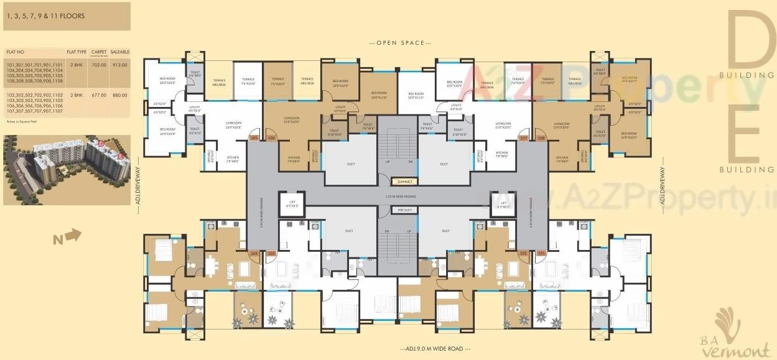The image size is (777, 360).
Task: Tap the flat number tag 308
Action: tap(541, 138)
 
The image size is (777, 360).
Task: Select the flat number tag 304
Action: tap(253, 254)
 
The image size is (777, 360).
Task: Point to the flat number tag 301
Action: tap(541, 254)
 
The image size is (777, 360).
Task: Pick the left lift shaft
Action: tap(292, 205)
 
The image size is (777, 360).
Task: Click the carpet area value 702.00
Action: tap(98, 65)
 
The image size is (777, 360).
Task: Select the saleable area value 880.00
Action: tap(119, 95)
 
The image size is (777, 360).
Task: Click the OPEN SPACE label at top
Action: tap(397, 43)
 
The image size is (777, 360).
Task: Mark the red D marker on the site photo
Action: tap(100, 144)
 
